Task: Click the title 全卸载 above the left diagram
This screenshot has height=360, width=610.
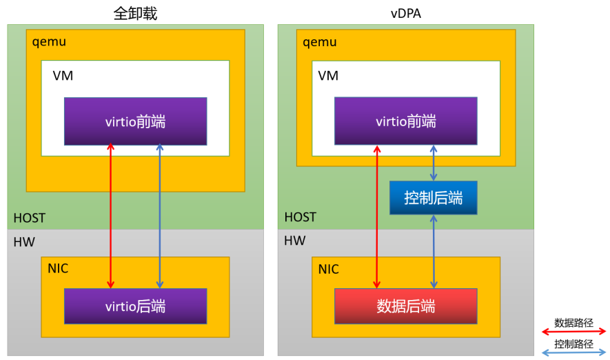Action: [135, 13]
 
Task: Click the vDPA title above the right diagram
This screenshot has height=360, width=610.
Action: [405, 13]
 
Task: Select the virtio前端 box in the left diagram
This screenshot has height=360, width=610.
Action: [136, 121]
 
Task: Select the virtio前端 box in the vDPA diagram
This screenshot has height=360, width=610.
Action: [406, 121]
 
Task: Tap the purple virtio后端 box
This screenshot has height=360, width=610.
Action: [136, 306]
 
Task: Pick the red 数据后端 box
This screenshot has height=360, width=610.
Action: [406, 306]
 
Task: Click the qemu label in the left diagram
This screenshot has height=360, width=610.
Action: [49, 42]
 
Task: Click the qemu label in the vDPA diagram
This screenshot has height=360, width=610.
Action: [320, 42]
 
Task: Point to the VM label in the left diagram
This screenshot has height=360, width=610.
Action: [63, 76]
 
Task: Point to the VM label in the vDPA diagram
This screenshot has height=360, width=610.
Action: [329, 76]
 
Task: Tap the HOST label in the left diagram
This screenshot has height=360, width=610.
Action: [30, 218]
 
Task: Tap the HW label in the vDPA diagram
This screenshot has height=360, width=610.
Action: [294, 241]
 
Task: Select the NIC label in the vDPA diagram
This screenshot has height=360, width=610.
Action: [329, 269]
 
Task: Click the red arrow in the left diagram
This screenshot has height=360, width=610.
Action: [111, 214]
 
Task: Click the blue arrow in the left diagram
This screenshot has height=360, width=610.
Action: [160, 214]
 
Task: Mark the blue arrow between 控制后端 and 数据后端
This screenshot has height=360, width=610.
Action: [434, 252]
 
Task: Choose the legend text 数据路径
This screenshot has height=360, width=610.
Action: [573, 321]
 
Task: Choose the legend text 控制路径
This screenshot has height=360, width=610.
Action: [573, 343]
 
